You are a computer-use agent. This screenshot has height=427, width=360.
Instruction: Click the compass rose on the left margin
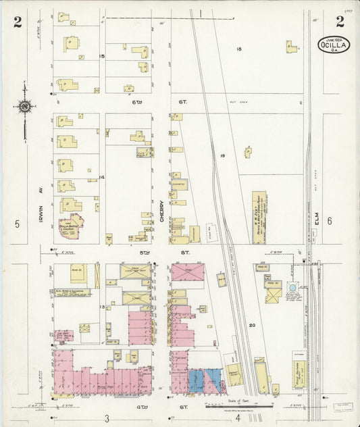(25, 107)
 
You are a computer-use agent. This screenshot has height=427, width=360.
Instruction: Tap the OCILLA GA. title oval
(334, 45)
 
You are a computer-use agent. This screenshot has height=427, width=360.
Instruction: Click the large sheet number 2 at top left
(18, 22)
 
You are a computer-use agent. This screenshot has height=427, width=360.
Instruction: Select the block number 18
(239, 49)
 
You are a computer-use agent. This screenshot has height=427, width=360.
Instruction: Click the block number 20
(252, 325)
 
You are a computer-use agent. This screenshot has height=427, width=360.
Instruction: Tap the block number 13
(103, 307)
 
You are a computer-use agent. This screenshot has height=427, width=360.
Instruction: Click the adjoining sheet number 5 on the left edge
(16, 224)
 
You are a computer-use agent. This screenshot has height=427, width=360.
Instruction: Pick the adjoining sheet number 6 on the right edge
(330, 221)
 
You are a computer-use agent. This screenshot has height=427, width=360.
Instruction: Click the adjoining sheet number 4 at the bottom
(238, 418)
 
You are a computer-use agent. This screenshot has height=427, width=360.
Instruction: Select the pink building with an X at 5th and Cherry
(188, 272)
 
